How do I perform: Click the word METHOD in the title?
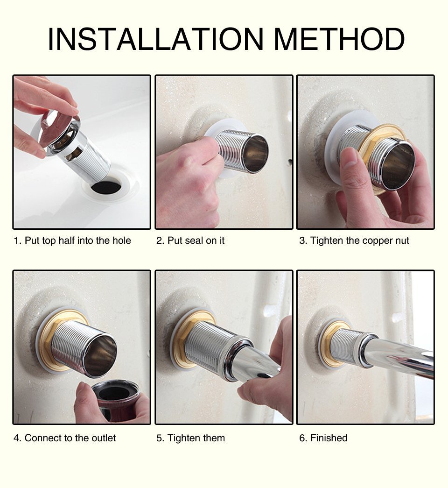(339, 39)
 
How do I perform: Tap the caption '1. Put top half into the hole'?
(72, 241)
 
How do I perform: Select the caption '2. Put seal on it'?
(190, 241)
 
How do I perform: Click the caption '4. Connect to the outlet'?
(65, 438)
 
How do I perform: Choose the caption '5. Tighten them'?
(190, 438)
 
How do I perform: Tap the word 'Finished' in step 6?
(329, 438)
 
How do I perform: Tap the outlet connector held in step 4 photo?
(114, 395)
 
